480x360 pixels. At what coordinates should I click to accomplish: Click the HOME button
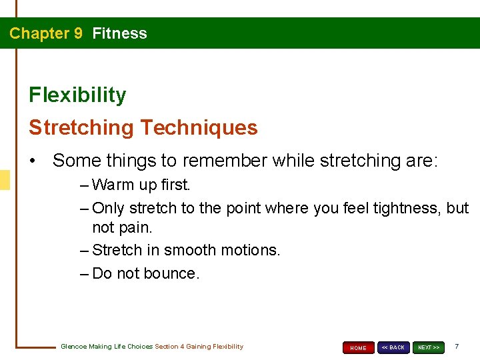pyautogui.click(x=358, y=347)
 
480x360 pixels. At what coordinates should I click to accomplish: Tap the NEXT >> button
pyautogui.click(x=428, y=347)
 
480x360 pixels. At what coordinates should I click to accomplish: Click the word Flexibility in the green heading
pyautogui.click(x=77, y=95)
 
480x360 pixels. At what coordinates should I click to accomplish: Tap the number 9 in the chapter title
pyautogui.click(x=78, y=33)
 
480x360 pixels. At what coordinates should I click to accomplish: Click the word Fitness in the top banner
pyautogui.click(x=120, y=33)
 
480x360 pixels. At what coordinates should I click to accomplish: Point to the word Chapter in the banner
pyautogui.click(x=39, y=33)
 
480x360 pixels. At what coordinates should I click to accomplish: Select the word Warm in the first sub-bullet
pyautogui.click(x=113, y=184)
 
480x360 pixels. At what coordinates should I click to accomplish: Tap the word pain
pyautogui.click(x=138, y=228)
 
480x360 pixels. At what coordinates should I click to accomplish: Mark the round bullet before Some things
pyautogui.click(x=33, y=161)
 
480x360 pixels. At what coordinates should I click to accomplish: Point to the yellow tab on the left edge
pyautogui.click(x=5, y=180)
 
